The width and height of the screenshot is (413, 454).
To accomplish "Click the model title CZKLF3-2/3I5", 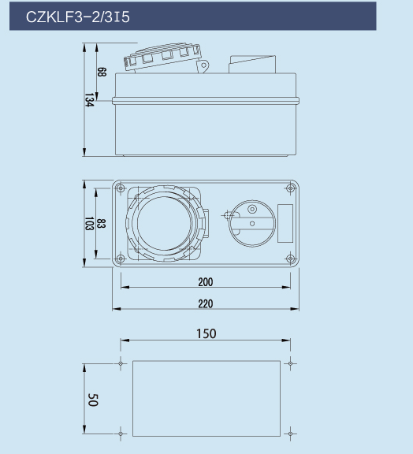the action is [x=78, y=17].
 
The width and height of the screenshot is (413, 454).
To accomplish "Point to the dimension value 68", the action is [x=102, y=72].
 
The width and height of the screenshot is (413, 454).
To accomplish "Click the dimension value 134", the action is [x=89, y=100].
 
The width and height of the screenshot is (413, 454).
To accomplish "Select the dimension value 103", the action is [x=89, y=224].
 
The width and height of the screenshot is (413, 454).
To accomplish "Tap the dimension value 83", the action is [x=101, y=224].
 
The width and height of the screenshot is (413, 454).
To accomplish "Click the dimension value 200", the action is [x=206, y=281].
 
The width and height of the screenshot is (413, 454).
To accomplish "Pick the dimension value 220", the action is [x=206, y=303].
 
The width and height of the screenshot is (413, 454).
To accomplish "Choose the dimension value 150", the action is [x=206, y=333].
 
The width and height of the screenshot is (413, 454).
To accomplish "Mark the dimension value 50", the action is [x=93, y=400].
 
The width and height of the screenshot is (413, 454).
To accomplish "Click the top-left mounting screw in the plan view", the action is [x=121, y=188].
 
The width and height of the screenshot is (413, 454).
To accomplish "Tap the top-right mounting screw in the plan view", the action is [x=291, y=188].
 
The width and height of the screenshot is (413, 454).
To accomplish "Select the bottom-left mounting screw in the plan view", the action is [x=121, y=259].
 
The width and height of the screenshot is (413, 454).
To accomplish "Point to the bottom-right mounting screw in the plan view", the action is [x=291, y=259].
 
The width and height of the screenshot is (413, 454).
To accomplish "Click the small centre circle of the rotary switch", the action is [x=252, y=224].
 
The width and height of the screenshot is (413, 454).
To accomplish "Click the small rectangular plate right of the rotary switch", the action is [x=285, y=223].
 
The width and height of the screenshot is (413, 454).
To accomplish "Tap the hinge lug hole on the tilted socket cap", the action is [x=203, y=65].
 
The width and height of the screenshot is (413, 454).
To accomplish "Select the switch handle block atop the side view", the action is [x=252, y=65].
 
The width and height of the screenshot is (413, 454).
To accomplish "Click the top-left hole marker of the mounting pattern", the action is [x=121, y=363].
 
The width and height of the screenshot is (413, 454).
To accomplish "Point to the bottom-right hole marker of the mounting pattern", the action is [x=291, y=434].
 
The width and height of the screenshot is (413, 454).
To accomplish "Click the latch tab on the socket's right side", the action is [x=206, y=223].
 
